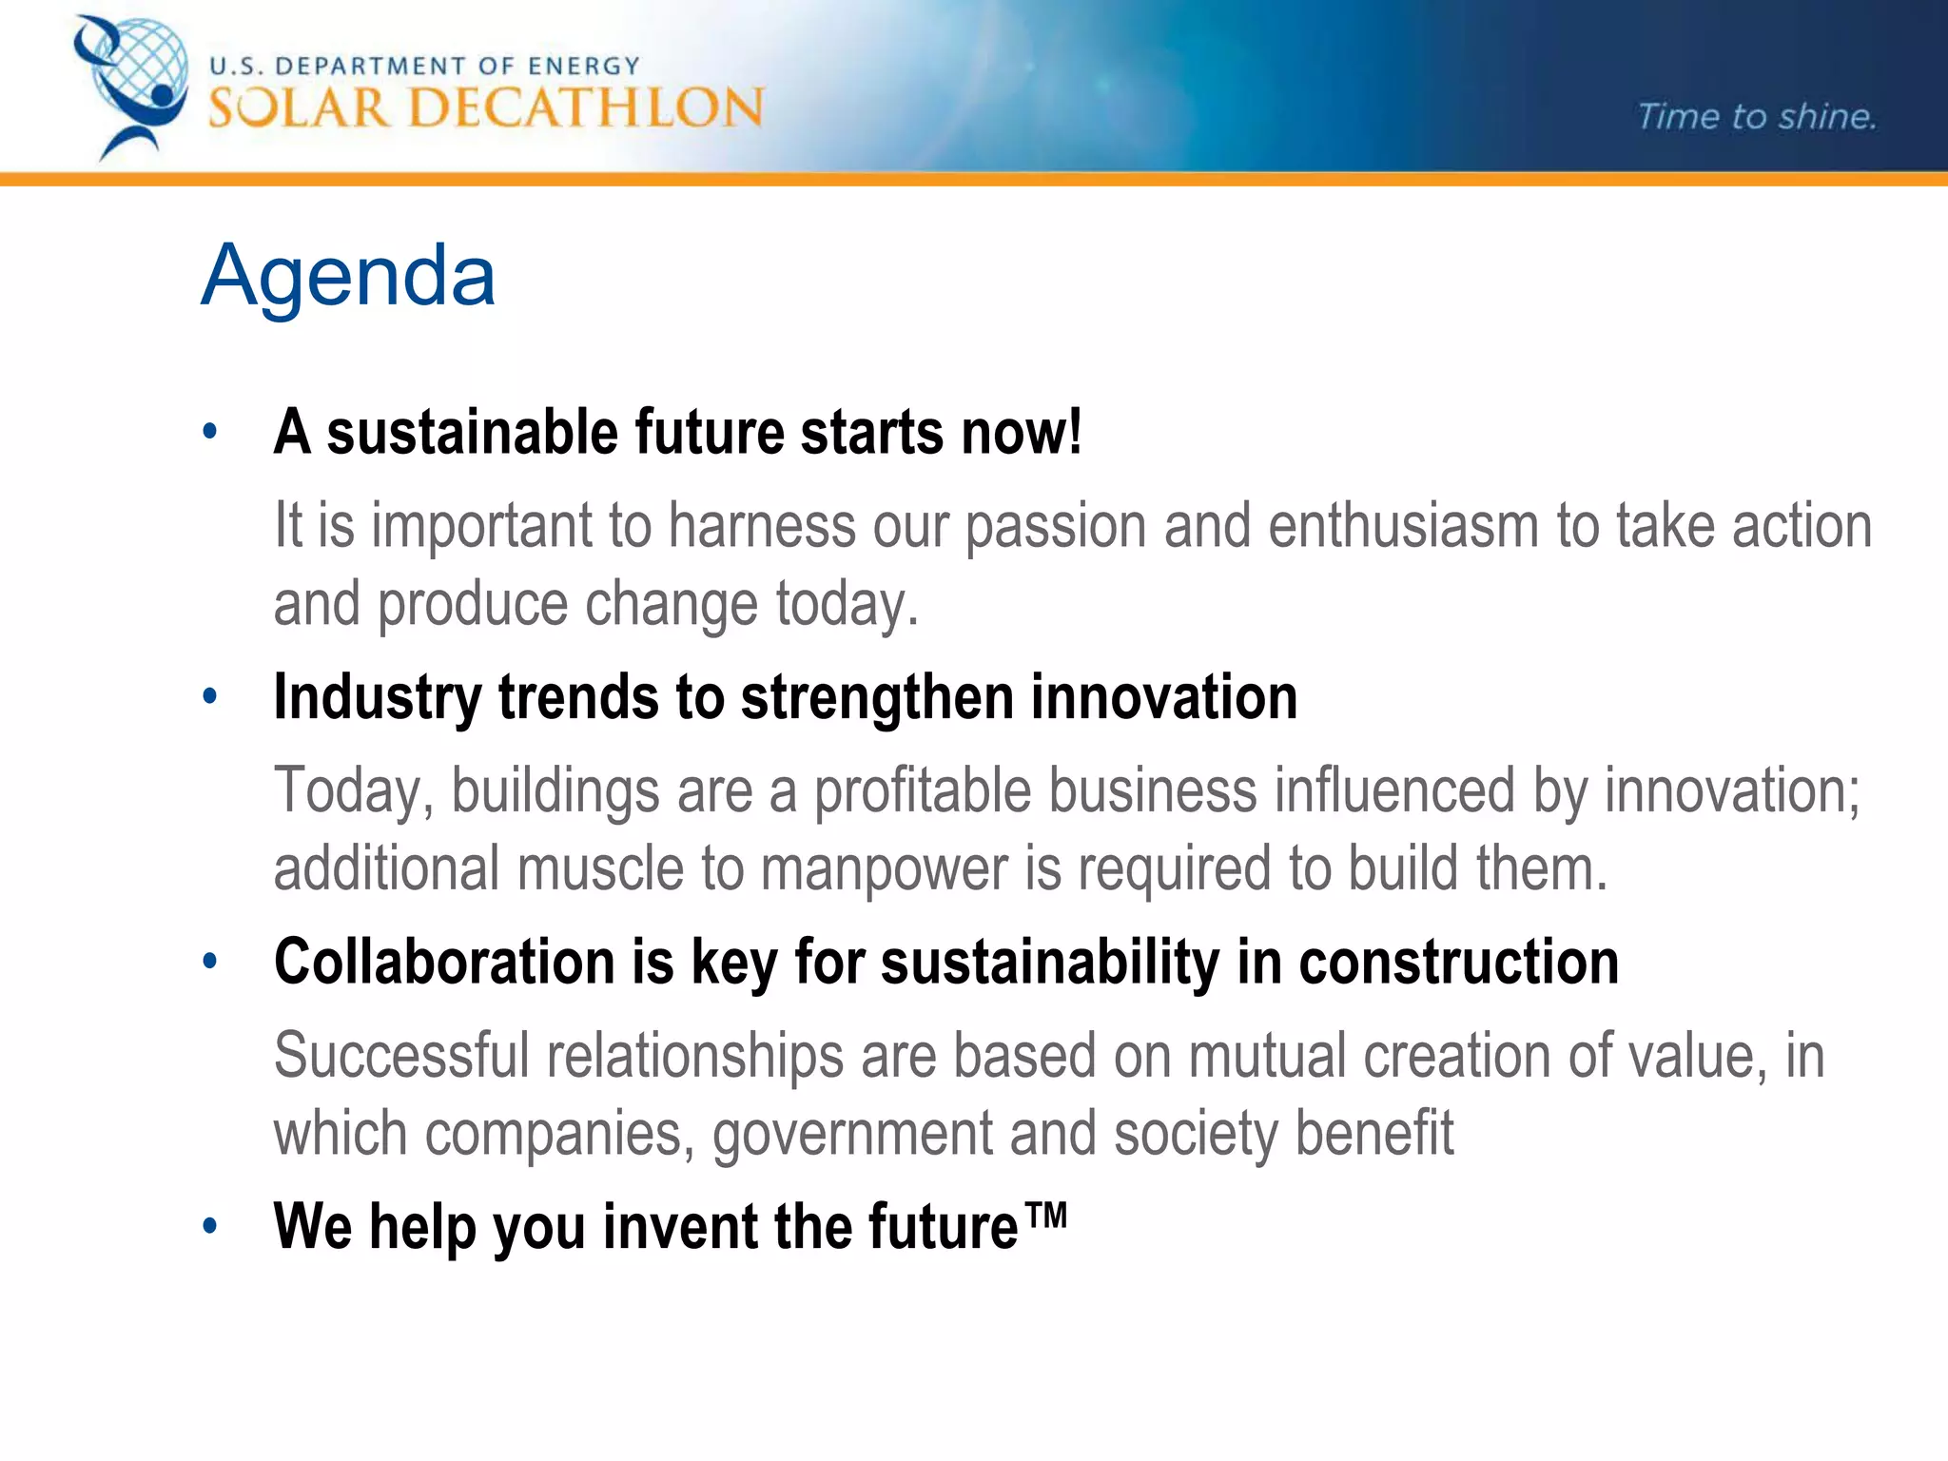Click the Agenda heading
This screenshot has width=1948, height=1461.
[x=348, y=276]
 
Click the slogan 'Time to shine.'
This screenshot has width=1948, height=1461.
[x=1756, y=117]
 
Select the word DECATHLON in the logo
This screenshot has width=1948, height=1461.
[x=586, y=107]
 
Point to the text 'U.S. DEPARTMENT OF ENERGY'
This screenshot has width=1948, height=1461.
[x=424, y=66]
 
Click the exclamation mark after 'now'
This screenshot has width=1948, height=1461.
[x=1074, y=432]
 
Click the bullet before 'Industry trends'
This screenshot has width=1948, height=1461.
[x=210, y=697]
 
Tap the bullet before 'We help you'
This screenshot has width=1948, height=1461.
[x=210, y=1226]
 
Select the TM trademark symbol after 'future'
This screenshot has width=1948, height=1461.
[x=1045, y=1215]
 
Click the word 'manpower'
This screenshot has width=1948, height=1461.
[x=884, y=869]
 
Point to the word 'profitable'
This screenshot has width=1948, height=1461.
[x=922, y=790]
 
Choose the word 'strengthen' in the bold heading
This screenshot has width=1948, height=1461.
[x=877, y=697]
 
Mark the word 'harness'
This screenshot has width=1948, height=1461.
[x=762, y=526]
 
